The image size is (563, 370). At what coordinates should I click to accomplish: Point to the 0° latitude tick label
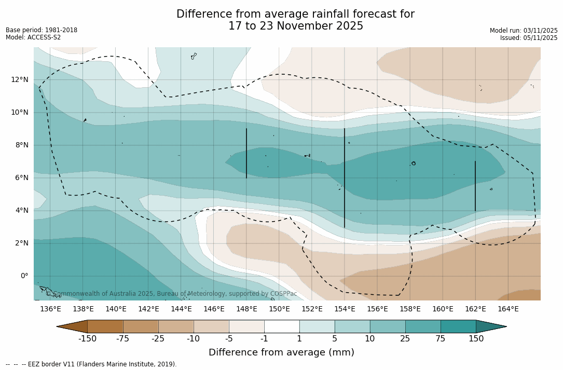tap(24, 276)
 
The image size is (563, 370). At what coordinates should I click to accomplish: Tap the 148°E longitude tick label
tap(246, 309)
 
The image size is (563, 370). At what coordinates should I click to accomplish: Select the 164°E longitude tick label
tap(508, 309)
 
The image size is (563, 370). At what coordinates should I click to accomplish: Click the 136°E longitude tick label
tap(50, 309)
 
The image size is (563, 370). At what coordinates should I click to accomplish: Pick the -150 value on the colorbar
tap(88, 339)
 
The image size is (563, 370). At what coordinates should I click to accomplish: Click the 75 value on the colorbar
tap(441, 339)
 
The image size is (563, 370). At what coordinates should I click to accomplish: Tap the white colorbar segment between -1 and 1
tap(282, 326)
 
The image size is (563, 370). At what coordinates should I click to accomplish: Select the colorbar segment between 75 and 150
tap(458, 326)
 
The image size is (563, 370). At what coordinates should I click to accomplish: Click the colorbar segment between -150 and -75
tap(105, 326)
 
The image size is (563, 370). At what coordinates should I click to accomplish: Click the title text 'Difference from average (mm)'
tap(281, 352)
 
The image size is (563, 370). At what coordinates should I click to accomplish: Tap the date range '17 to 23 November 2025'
tap(296, 26)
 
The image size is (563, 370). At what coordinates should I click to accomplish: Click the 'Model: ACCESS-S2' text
tap(33, 37)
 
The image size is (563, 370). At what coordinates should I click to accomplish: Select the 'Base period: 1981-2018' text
tap(42, 30)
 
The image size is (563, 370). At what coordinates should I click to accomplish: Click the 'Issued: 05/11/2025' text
tap(529, 38)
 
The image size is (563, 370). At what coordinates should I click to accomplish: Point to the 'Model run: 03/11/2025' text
tap(524, 31)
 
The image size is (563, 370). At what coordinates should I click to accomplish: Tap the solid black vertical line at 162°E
tap(475, 186)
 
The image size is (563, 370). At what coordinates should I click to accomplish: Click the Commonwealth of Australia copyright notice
tap(171, 294)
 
